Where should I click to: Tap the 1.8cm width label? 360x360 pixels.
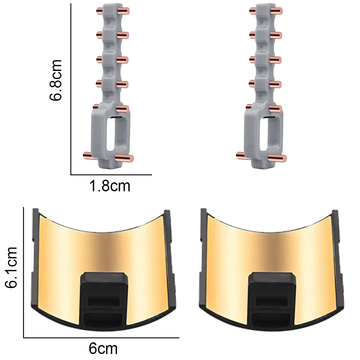109,186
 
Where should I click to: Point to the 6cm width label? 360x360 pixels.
103,349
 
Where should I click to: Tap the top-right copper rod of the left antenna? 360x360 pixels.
124,11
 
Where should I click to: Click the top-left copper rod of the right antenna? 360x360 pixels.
254,10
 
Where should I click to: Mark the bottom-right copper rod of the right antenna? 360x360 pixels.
279,158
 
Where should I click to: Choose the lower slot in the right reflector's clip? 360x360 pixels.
272,319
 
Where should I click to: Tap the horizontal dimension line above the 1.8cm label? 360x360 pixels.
111,174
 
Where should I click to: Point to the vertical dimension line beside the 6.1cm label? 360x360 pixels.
24,272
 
